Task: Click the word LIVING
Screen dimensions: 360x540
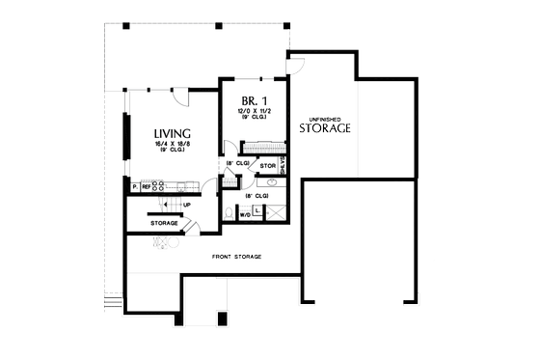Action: [171, 133]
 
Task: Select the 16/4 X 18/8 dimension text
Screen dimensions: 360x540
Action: [171, 145]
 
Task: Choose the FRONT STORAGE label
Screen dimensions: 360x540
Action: [236, 256]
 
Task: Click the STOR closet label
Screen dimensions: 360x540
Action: [268, 165]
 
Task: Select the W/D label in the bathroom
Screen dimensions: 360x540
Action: [245, 215]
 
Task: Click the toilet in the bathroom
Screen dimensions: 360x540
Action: [228, 210]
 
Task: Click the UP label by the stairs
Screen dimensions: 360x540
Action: [185, 205]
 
